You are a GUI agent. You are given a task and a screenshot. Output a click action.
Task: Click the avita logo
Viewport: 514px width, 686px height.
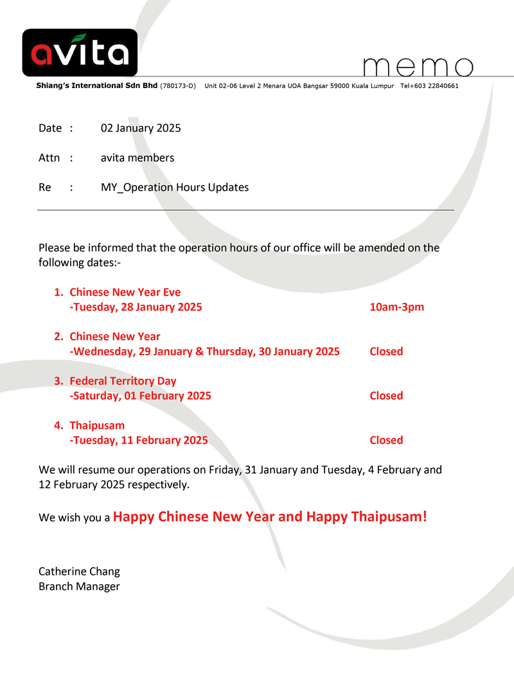(x=80, y=53)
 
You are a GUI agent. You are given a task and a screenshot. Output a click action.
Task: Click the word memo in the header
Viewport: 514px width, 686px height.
(x=418, y=67)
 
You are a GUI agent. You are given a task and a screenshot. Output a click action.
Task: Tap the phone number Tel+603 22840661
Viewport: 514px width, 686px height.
(x=429, y=86)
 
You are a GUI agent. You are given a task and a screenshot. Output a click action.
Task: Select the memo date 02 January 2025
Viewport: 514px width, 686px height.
(x=141, y=128)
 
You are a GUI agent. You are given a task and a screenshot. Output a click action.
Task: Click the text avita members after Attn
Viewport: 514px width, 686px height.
(x=137, y=158)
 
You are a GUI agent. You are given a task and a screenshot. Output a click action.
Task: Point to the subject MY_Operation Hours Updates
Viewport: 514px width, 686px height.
(x=175, y=188)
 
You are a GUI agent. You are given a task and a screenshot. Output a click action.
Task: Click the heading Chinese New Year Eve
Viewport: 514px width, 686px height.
(x=125, y=292)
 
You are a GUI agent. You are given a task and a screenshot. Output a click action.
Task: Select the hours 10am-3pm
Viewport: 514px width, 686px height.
(x=397, y=307)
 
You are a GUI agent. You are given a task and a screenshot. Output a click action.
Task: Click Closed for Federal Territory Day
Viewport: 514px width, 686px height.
(x=386, y=395)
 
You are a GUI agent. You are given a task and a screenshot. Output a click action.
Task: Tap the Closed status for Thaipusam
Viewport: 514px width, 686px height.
(x=386, y=440)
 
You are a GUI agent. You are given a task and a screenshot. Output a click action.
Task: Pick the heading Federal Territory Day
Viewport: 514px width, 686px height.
(x=123, y=381)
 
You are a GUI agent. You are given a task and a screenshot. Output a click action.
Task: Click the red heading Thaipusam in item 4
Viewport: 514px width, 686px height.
(x=97, y=426)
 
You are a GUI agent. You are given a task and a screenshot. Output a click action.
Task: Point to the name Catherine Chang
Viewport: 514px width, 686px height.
(x=79, y=571)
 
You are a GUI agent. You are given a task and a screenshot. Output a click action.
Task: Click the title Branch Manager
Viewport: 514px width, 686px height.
(x=79, y=586)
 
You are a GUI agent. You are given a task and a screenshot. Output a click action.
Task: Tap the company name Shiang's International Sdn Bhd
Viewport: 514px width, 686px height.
(x=96, y=86)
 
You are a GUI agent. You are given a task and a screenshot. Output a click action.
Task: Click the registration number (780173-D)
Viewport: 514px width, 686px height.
(x=177, y=86)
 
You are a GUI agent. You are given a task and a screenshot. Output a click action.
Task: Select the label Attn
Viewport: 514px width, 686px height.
(x=49, y=158)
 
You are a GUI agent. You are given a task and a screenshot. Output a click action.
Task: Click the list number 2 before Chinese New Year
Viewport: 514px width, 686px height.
(x=58, y=336)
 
